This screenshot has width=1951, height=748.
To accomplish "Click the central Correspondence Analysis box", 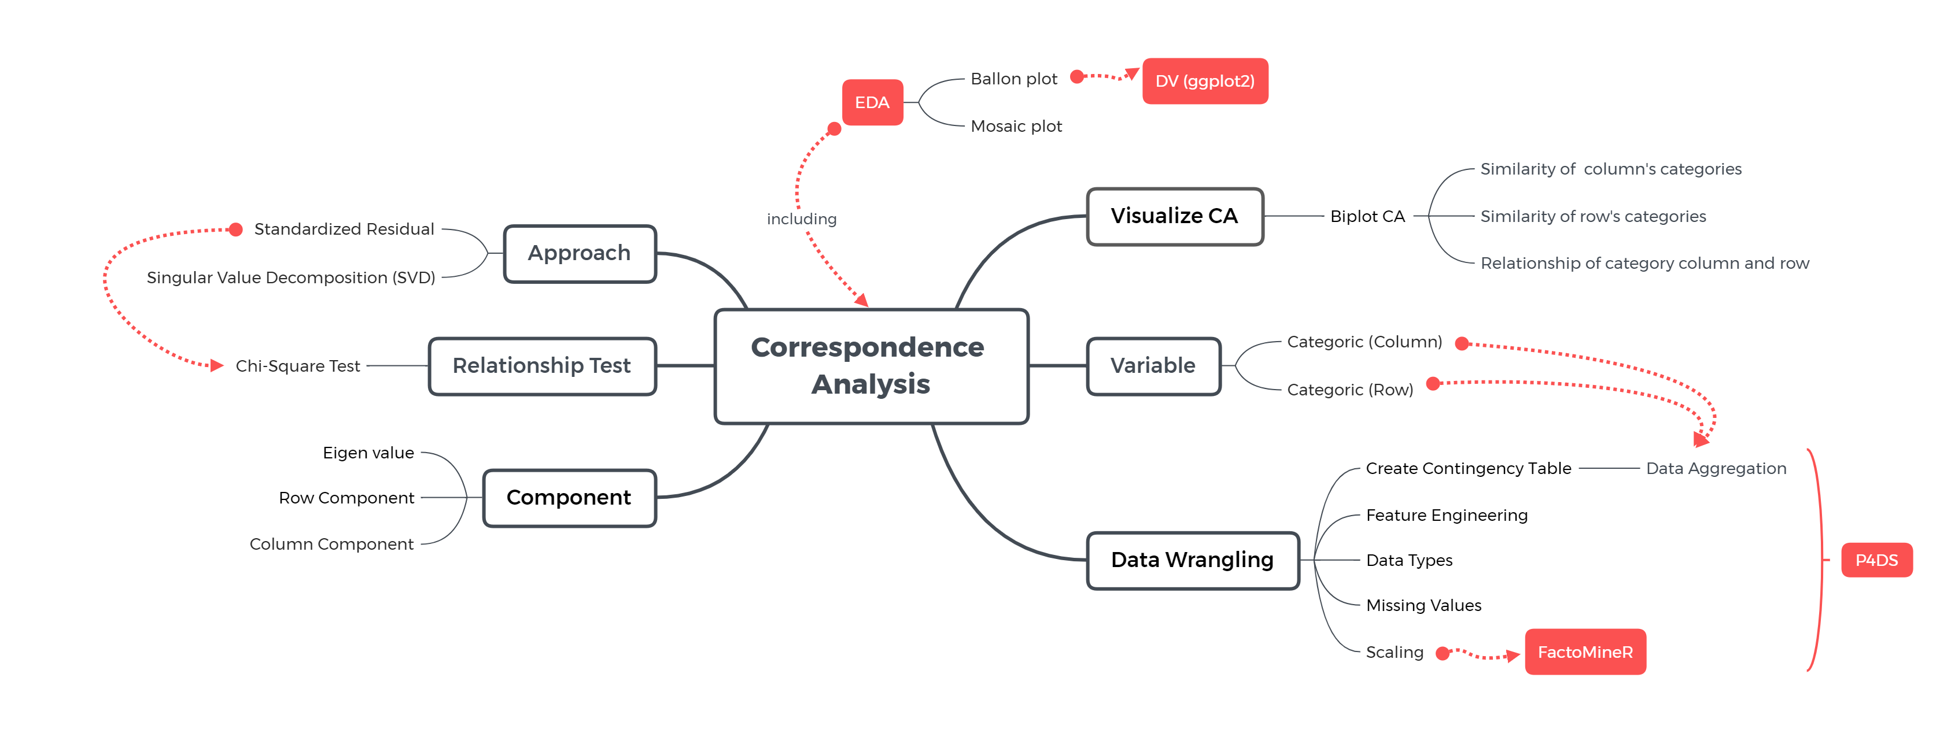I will point(871,366).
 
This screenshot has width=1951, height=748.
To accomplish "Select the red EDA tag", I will point(872,102).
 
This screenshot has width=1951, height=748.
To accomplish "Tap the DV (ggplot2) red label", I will point(1204,81).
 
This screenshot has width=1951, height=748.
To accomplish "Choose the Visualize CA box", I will point(1174,217).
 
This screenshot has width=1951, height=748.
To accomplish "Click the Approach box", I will point(580,253).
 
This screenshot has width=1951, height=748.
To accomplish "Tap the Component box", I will point(569,497).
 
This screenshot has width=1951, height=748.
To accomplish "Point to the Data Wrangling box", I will point(1192,560).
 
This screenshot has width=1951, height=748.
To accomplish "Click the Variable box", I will point(1153,366).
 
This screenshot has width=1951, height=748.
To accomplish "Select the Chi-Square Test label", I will point(298,366).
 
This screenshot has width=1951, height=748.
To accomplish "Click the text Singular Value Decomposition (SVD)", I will point(291,278).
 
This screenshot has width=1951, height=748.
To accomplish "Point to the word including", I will point(801,220).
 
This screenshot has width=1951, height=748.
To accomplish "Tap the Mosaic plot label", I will point(1016,127).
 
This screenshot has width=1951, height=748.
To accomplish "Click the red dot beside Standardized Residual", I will point(235,229).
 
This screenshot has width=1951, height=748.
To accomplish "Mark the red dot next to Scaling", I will point(1443,653).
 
